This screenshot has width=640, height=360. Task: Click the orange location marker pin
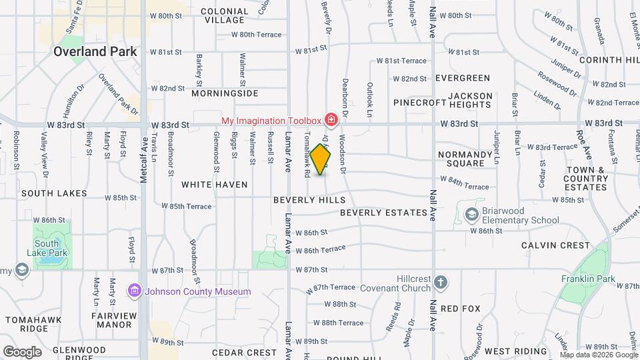tap(321, 159)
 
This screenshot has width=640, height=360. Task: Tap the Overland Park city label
tap(95, 51)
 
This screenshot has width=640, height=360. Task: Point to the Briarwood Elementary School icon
tap(472, 214)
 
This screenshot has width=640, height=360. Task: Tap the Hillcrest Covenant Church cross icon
tap(440, 282)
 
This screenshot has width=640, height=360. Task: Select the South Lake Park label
tap(47, 248)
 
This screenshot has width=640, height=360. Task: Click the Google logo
tap(22, 351)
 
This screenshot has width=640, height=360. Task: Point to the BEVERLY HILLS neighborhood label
tap(309, 200)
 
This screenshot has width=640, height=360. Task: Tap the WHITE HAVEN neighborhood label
tap(215, 185)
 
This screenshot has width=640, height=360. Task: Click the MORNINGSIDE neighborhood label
tap(225, 93)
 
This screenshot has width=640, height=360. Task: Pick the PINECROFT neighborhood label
tap(419, 103)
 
